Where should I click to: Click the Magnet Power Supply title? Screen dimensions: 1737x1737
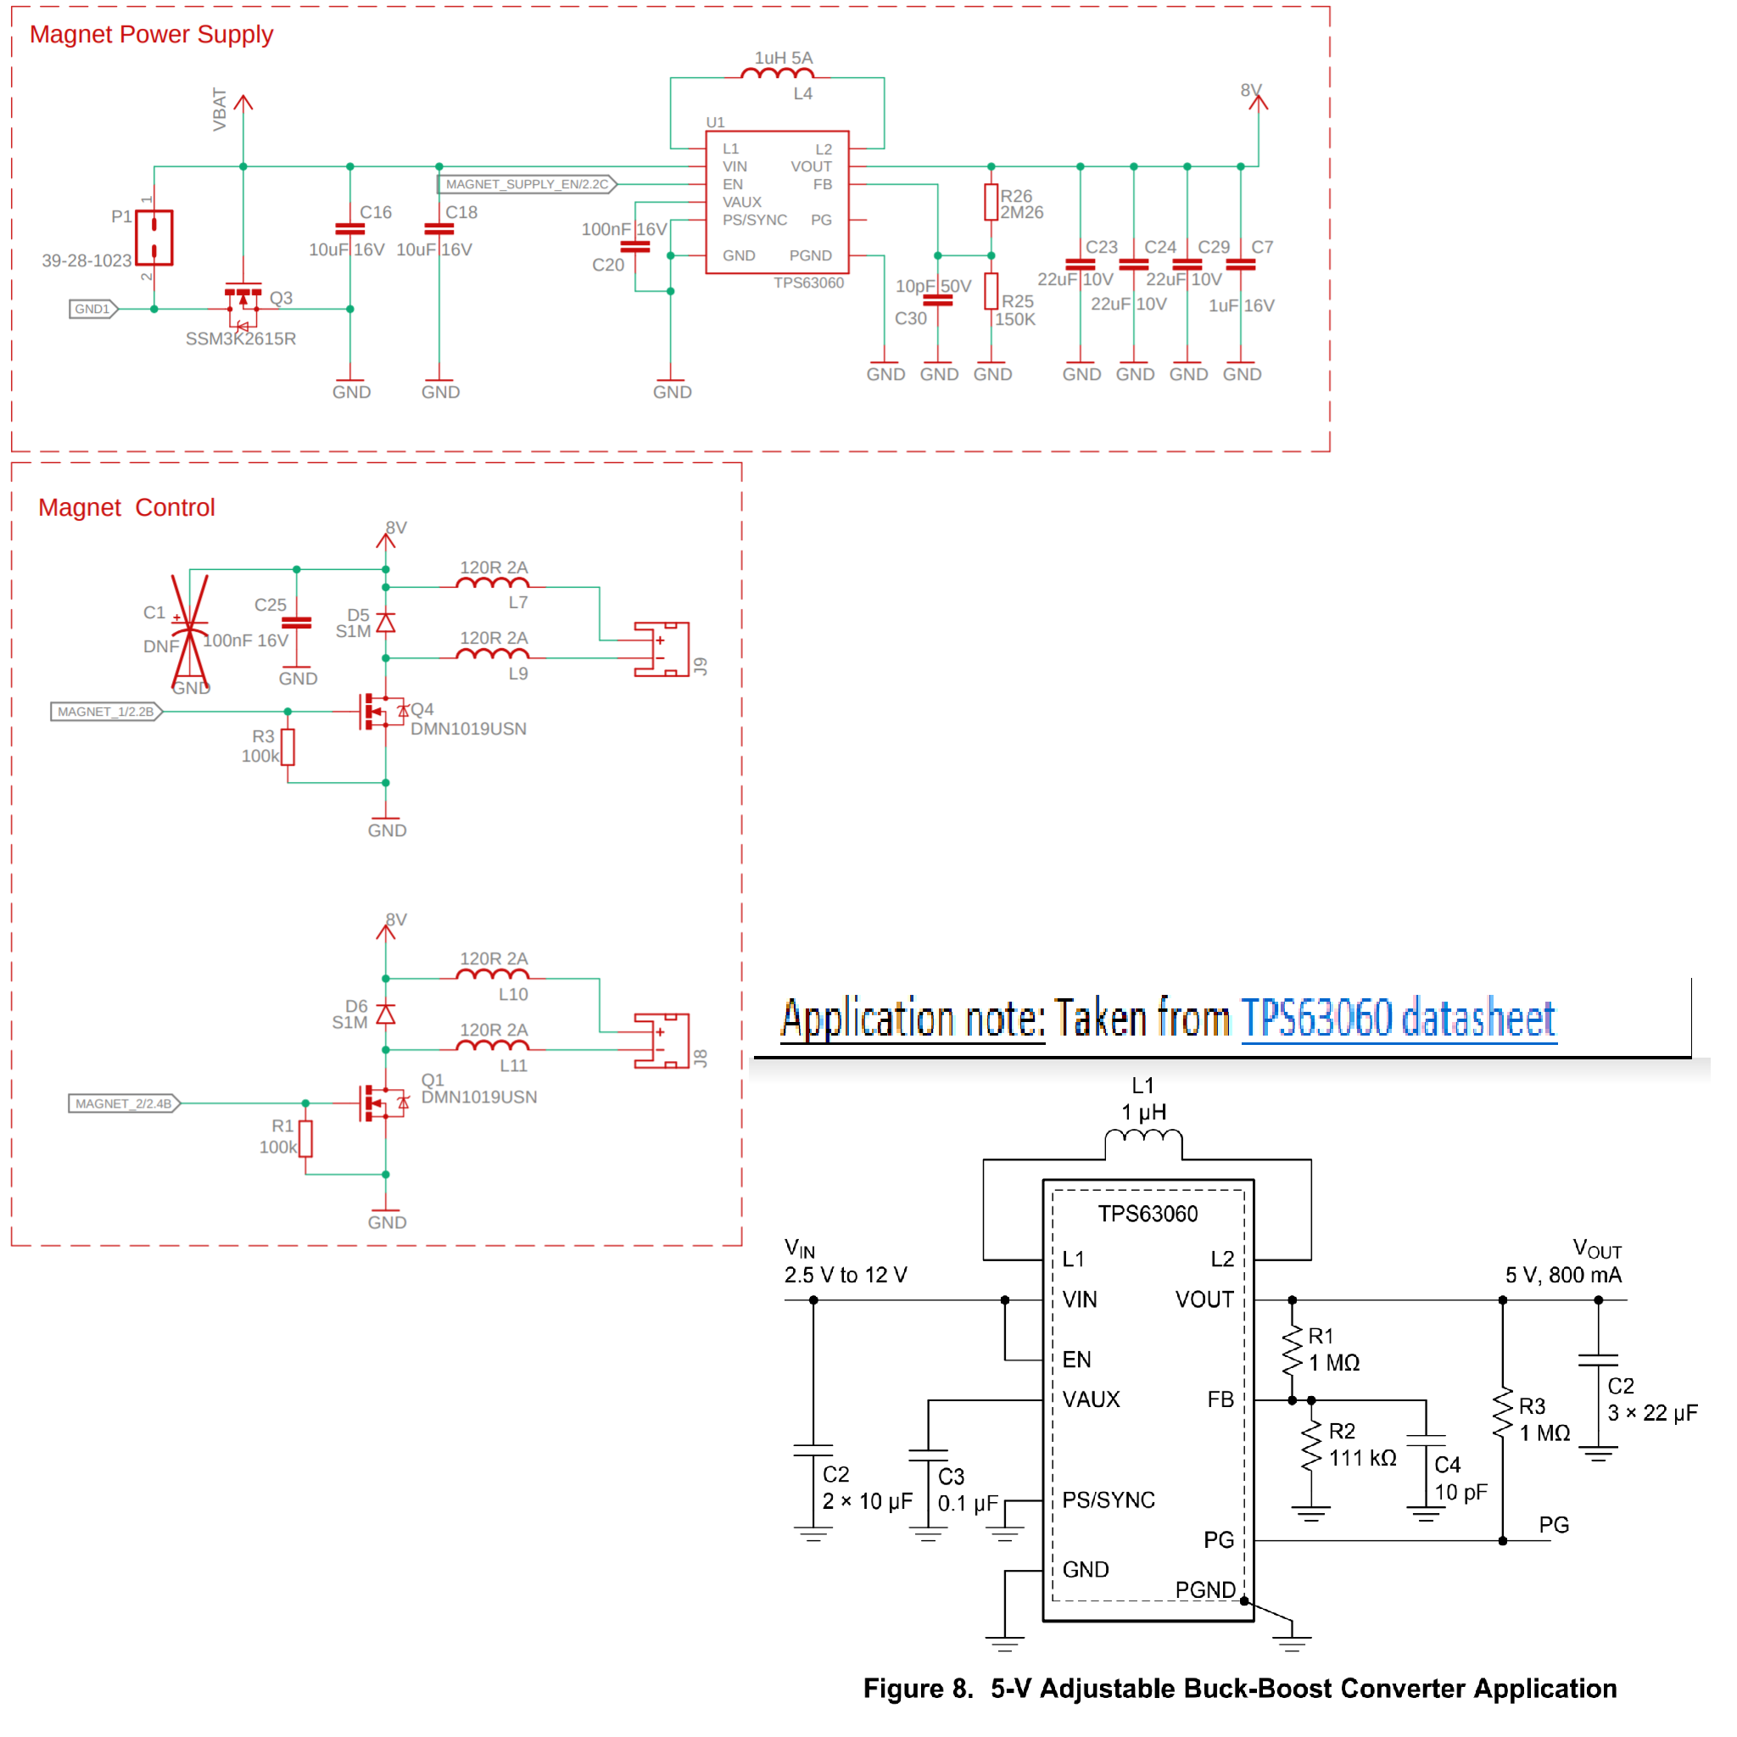[x=151, y=34]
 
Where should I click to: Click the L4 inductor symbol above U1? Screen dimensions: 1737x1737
[x=777, y=75]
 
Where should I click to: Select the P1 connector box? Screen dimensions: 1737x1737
[x=154, y=237]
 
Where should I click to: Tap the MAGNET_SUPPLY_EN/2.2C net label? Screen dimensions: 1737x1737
[x=527, y=184]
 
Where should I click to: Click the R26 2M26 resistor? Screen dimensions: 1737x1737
[x=991, y=203]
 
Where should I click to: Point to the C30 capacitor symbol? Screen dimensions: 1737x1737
[x=938, y=300]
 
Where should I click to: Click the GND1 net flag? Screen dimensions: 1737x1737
[x=93, y=310]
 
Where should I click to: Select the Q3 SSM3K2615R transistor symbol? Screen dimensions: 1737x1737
[x=243, y=305]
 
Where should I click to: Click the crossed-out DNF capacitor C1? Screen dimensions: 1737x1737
[x=190, y=629]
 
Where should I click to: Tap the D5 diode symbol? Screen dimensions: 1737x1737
[x=386, y=623]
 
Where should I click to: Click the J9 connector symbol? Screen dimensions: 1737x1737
[x=662, y=649]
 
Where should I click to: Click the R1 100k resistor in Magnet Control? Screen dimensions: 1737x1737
[x=305, y=1138]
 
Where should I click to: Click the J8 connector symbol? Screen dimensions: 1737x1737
[x=662, y=1042]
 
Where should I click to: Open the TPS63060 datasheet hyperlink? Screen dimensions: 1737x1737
[x=1398, y=1019]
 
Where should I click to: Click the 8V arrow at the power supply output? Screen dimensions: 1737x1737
[x=1258, y=102]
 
